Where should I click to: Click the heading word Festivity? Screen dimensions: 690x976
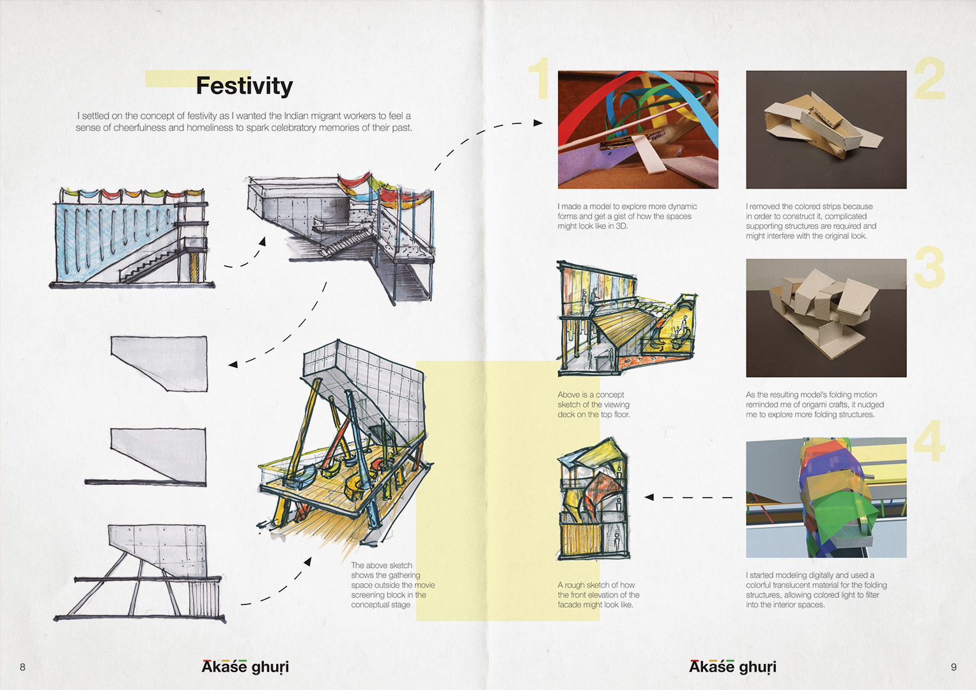244,86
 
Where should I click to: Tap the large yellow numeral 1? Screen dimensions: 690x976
540,78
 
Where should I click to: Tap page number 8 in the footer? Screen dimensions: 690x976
22,667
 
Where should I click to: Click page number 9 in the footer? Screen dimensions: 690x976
953,667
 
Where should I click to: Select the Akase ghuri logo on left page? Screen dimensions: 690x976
245,666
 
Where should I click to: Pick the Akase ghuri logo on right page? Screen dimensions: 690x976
732,666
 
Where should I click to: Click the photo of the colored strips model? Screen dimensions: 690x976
637,129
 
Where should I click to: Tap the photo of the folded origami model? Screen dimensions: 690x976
826,318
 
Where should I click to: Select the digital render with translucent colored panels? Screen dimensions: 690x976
826,497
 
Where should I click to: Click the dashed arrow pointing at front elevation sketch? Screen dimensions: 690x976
689,497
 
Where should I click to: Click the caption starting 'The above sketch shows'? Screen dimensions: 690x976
391,585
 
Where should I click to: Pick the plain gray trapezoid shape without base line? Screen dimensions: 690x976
160,362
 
